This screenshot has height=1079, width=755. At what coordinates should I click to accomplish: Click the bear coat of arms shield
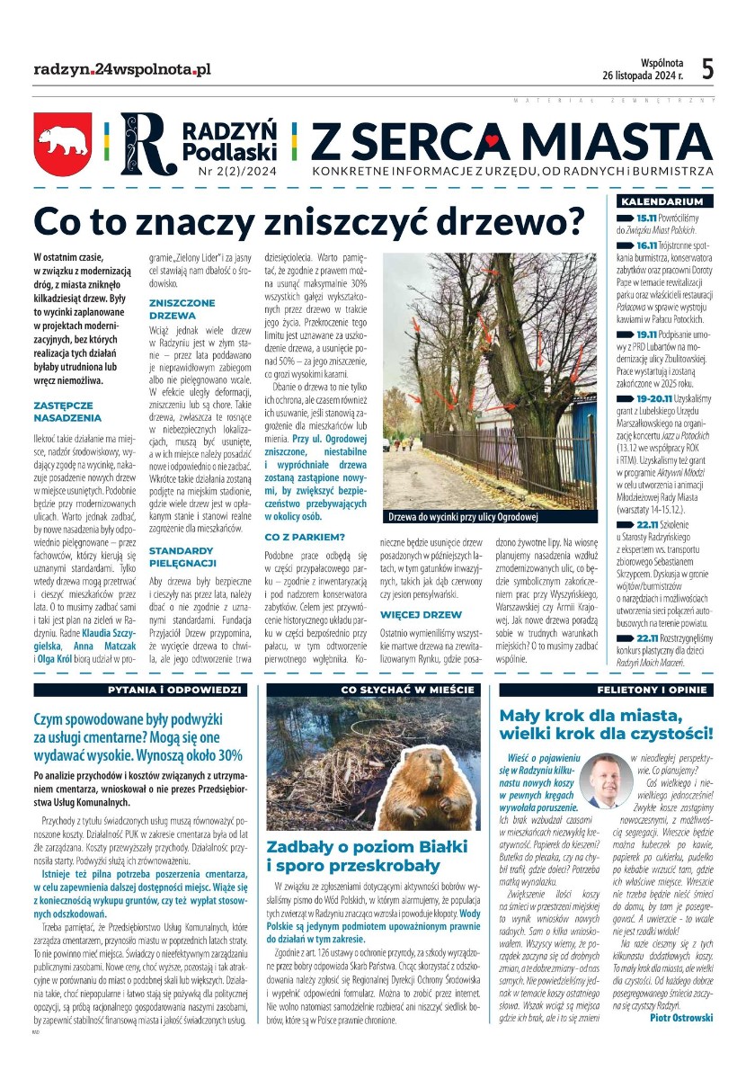coord(62,143)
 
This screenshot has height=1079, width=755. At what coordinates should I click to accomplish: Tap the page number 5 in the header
coord(707,69)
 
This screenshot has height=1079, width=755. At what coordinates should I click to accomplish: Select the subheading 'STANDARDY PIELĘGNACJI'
coord(182,556)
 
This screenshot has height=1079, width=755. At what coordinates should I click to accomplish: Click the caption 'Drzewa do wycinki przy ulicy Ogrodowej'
coord(462,518)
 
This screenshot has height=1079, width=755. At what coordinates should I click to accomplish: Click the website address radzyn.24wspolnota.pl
coord(121,69)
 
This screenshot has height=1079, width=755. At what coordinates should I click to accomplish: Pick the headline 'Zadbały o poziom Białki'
coord(367,846)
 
